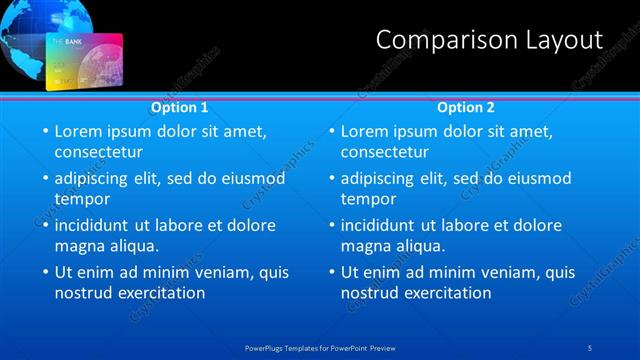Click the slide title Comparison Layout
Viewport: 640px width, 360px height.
(x=489, y=40)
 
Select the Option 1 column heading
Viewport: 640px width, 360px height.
(x=179, y=107)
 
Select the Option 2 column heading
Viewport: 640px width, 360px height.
(x=465, y=107)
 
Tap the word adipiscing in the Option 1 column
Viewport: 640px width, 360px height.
(x=96, y=178)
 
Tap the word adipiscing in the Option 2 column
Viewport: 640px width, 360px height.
(x=382, y=178)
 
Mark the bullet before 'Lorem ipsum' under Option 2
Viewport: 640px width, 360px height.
(x=330, y=131)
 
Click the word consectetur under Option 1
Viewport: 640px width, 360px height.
(x=98, y=152)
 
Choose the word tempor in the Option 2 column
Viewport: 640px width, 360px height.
(x=369, y=199)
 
